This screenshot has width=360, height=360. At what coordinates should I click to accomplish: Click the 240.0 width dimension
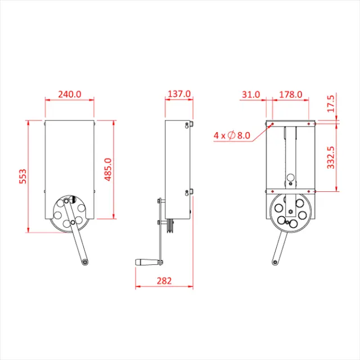pos(70,94)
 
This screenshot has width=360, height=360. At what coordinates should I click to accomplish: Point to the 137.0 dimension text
pos(179,94)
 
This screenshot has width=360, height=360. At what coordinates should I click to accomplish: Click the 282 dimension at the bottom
pos(164,280)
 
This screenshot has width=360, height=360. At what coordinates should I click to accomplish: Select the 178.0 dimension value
pos(291,94)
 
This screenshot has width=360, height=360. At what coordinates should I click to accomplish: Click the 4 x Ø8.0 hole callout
pos(232,135)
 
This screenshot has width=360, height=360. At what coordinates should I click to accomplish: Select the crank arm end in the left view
pos(84,262)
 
